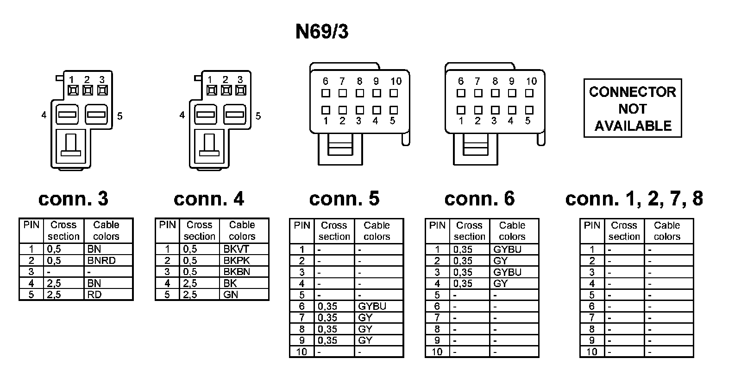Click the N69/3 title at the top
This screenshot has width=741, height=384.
(322, 32)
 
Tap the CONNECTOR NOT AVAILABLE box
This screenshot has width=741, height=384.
(632, 109)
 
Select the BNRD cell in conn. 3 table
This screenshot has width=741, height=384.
(101, 260)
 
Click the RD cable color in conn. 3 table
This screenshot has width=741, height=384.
(94, 294)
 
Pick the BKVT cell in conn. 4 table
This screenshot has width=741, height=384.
(236, 249)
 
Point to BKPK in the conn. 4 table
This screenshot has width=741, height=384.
(236, 260)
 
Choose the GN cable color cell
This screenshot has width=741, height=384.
(231, 294)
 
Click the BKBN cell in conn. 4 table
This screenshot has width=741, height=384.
(236, 272)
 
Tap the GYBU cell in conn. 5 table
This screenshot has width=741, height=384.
(372, 306)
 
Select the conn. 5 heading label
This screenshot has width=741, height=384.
(344, 198)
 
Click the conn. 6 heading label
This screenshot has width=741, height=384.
(479, 198)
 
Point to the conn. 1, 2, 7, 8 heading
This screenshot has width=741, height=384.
(634, 198)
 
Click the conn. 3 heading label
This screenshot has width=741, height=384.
(73, 198)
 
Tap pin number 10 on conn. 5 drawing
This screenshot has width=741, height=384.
(396, 81)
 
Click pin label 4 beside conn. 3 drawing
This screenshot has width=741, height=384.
(44, 115)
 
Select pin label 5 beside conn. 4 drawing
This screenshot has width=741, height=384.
(258, 116)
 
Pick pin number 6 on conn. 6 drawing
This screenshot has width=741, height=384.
(461, 81)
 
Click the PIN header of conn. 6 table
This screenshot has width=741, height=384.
(437, 225)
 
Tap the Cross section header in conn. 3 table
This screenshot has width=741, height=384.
(63, 230)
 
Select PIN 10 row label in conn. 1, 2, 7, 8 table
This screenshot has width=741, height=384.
(592, 352)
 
